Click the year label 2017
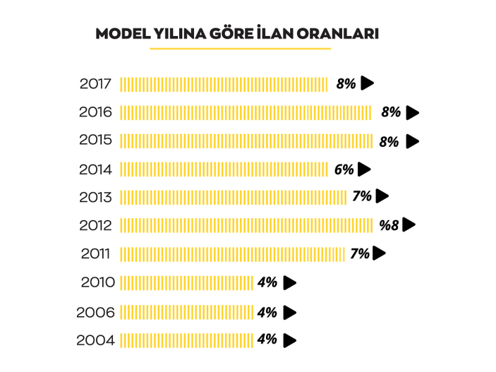tap(95, 83)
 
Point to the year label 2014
tap(95, 169)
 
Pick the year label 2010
tap(97, 282)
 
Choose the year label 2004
tap(95, 340)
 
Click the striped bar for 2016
tap(246, 112)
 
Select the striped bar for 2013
tap(234, 197)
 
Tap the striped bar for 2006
tap(186, 312)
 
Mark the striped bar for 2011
tap(232, 253)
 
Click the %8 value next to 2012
tap(389, 225)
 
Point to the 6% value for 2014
tap(344, 169)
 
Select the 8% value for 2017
tap(346, 83)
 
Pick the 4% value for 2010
tap(267, 282)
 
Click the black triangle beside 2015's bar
tap(412, 141)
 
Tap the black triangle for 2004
tap(289, 340)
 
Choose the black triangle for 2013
tap(382, 196)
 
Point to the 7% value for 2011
tap(360, 253)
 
